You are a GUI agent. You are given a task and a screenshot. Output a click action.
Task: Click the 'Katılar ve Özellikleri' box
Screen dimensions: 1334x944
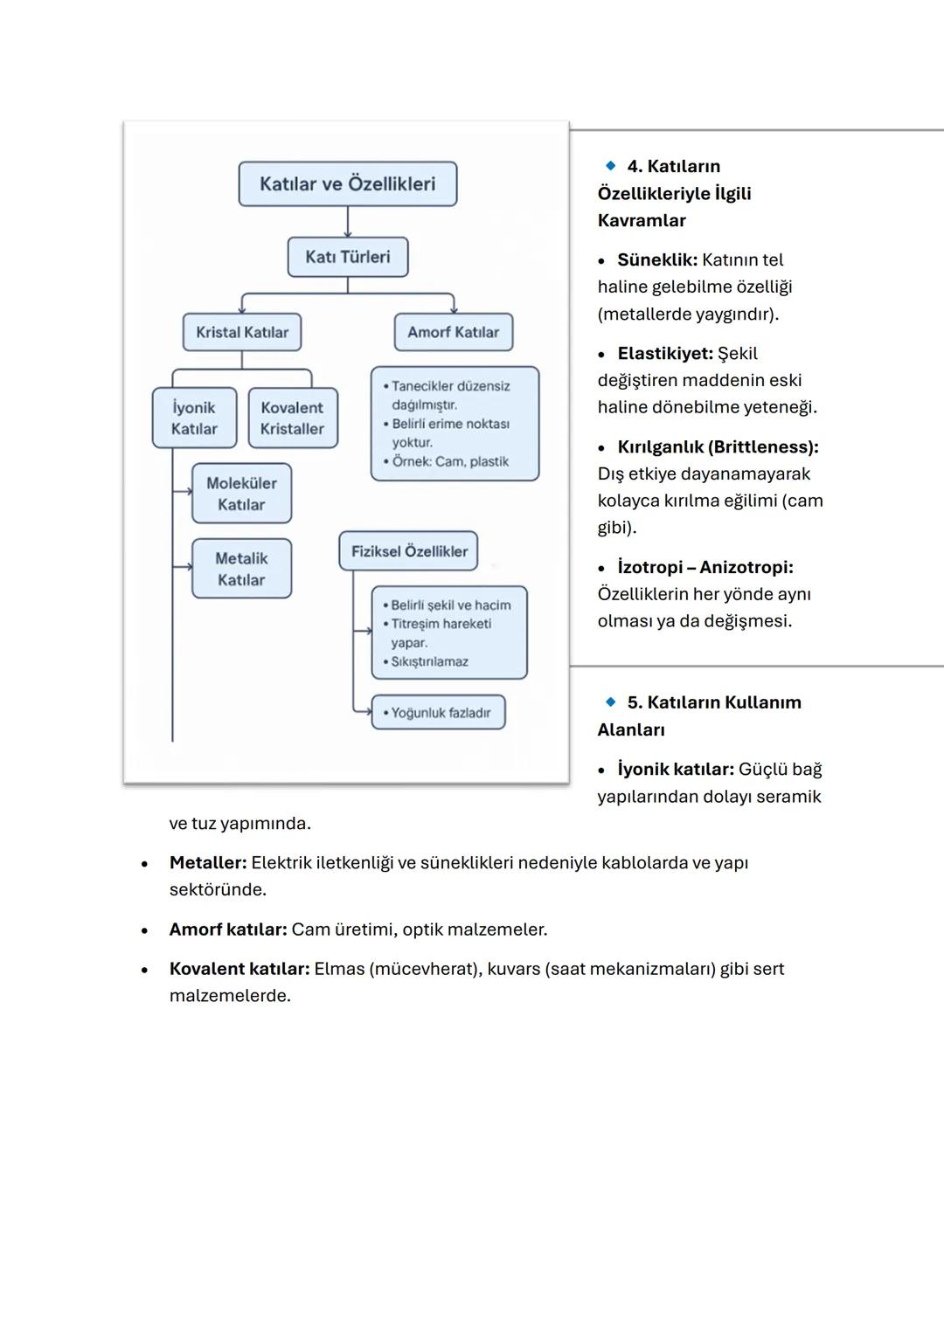click(348, 184)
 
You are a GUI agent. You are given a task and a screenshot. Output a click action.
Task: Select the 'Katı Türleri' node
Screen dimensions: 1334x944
click(348, 257)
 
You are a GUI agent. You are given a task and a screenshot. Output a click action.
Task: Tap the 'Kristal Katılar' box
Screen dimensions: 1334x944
click(242, 332)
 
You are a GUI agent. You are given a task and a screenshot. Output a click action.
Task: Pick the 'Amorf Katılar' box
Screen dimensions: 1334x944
click(453, 332)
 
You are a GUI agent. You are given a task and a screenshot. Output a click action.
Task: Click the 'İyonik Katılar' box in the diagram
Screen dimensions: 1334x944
click(194, 418)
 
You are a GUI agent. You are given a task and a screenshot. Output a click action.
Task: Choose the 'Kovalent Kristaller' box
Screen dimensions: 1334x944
click(292, 418)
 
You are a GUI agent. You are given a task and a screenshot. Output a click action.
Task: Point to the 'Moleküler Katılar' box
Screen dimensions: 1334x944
click(241, 494)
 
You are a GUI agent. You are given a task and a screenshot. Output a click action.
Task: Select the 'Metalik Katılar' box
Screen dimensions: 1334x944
click(241, 569)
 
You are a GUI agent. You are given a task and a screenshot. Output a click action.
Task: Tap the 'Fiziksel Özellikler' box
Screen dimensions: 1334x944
click(409, 551)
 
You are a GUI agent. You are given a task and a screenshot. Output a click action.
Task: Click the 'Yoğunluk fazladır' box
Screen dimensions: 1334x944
click(439, 713)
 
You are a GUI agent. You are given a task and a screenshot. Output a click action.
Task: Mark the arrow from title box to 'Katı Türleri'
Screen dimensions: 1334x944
click(348, 222)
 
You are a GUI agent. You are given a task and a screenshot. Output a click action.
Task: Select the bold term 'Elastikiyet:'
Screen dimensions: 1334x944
click(665, 354)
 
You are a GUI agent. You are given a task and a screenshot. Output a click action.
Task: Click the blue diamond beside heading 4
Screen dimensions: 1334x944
click(610, 165)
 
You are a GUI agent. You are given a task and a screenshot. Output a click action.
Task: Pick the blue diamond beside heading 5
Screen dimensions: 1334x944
click(610, 702)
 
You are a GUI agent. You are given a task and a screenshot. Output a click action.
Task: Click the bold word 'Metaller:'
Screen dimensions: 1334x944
click(208, 863)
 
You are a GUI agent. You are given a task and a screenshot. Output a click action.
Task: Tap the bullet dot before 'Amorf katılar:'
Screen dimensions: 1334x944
click(145, 930)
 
